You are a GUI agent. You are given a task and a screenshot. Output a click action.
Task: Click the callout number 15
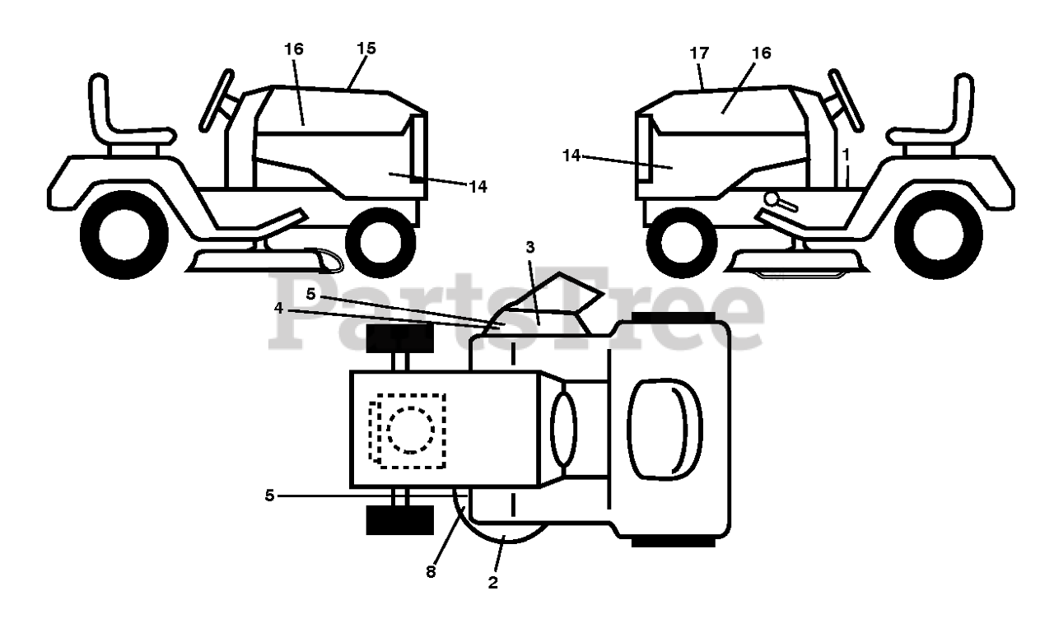click(x=366, y=49)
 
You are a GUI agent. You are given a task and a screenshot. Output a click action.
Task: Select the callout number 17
click(x=699, y=54)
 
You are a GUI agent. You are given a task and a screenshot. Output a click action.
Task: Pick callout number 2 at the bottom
click(x=493, y=583)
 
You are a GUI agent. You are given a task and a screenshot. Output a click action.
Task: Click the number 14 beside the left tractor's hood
click(x=477, y=187)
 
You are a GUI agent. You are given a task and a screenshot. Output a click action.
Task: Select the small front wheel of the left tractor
click(x=380, y=242)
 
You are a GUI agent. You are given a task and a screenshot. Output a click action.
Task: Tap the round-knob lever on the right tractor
click(x=773, y=198)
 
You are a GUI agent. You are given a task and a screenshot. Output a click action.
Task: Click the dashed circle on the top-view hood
click(x=410, y=429)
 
